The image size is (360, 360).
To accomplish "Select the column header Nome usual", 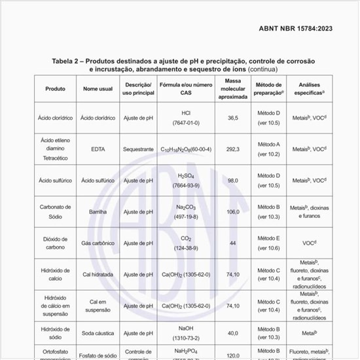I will pyautogui.click(x=98, y=89).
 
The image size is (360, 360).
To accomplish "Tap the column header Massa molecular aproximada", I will pyautogui.click(x=232, y=89).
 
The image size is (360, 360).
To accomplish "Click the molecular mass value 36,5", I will pyautogui.click(x=232, y=118).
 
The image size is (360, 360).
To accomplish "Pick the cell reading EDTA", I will pyautogui.click(x=98, y=149).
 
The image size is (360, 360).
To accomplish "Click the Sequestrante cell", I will pyautogui.click(x=138, y=149).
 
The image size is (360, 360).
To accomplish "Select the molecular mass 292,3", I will pyautogui.click(x=232, y=149).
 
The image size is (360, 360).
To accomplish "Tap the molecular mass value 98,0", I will pyautogui.click(x=232, y=180).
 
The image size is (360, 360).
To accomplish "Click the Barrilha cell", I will pyautogui.click(x=98, y=211).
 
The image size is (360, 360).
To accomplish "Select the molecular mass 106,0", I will pyautogui.click(x=232, y=211).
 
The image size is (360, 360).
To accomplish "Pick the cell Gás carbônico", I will pyautogui.click(x=98, y=243).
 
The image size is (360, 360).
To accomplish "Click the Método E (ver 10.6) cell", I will pyautogui.click(x=269, y=243).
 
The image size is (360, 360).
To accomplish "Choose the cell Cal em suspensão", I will pyautogui.click(x=98, y=306).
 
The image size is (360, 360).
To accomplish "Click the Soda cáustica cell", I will pyautogui.click(x=98, y=333).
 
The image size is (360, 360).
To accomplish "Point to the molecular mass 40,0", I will pyautogui.click(x=232, y=333).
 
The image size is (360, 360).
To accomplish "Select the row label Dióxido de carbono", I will pyautogui.click(x=55, y=243).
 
